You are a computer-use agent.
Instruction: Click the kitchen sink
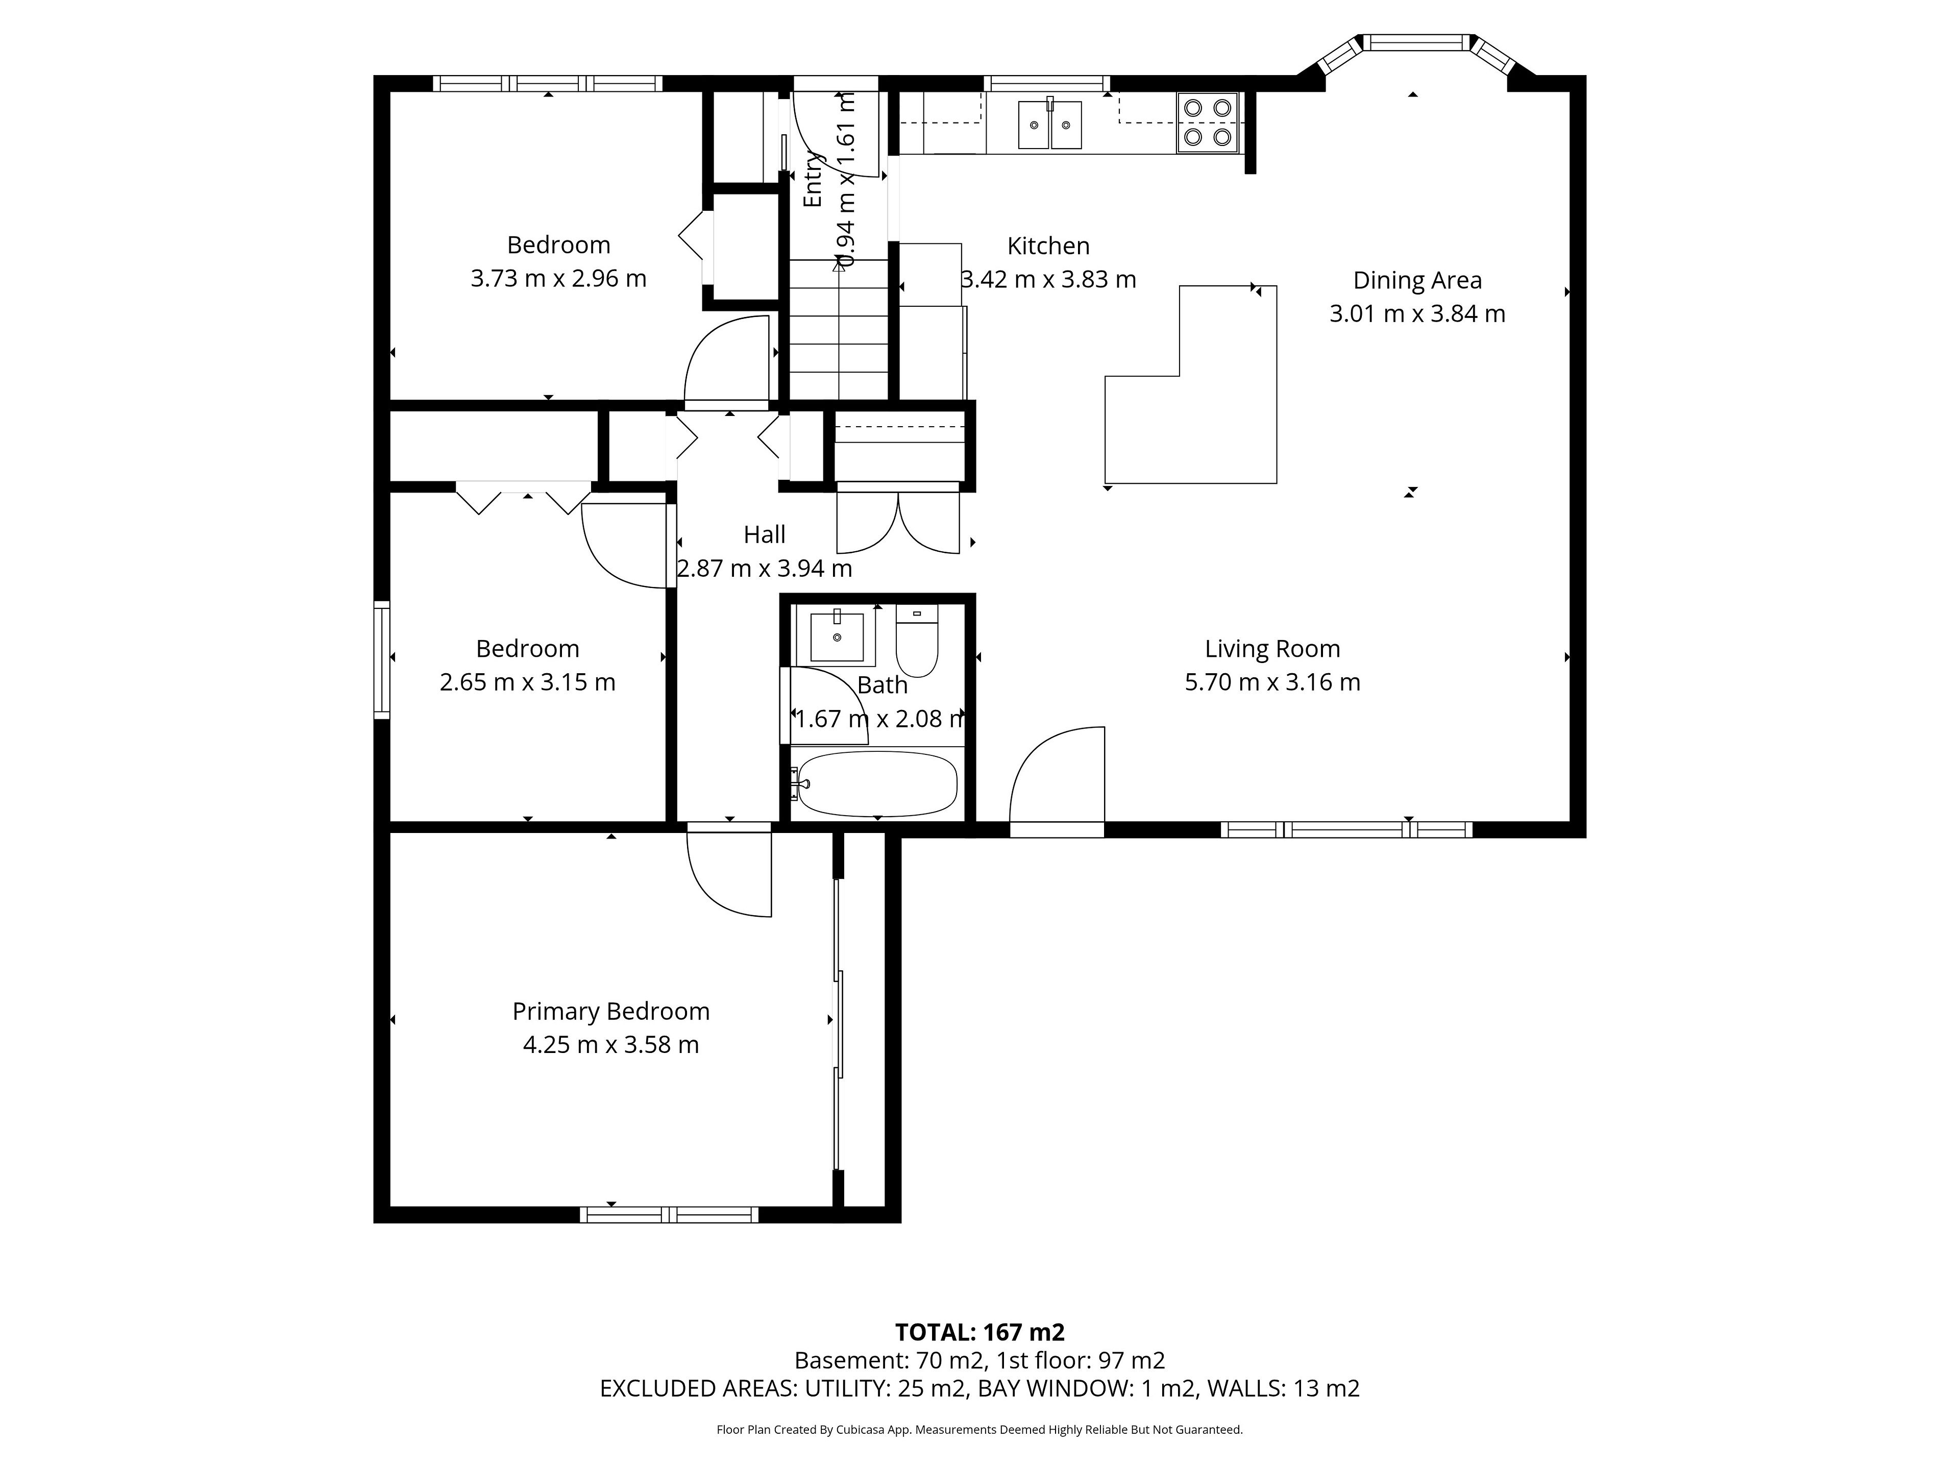1050,124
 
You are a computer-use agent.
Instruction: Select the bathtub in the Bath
874,783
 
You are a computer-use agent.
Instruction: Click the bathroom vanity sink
837,636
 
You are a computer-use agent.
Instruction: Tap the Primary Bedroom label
610,1011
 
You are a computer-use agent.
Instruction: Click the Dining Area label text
1417,280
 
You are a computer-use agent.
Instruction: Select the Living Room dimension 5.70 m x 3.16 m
1272,682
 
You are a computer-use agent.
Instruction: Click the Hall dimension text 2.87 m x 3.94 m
765,568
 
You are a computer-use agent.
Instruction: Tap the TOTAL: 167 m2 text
980,1332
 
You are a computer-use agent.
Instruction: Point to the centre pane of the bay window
1415,42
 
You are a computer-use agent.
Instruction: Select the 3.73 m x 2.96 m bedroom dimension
558,278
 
